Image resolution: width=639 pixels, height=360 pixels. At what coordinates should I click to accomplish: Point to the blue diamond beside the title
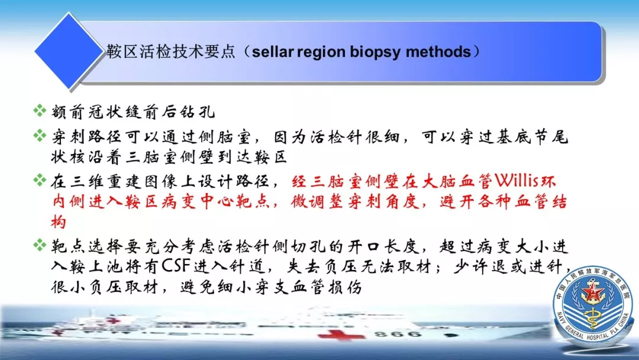point(69,51)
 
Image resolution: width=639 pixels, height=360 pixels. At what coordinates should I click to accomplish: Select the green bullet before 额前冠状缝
point(40,110)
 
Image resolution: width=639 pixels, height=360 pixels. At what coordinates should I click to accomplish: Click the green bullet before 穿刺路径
point(40,135)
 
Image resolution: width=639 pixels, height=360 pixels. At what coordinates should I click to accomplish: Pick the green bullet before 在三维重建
point(40,180)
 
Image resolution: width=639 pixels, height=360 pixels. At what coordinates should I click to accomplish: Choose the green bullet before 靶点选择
point(40,245)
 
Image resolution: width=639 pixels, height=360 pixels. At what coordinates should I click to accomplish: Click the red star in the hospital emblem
point(590,291)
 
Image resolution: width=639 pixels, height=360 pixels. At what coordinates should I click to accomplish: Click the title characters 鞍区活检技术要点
point(171,52)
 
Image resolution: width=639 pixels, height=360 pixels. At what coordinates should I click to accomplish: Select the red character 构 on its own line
point(58,223)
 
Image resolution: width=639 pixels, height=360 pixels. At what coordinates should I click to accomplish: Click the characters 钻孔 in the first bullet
point(198,112)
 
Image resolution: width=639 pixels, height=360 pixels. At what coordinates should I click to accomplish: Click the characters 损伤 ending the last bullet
point(345,287)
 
